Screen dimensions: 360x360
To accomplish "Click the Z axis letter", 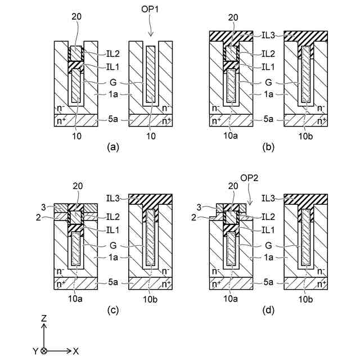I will tap(44, 318).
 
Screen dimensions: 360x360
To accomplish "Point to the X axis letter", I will tap(76, 350).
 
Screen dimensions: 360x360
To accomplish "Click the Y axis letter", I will tap(35, 350).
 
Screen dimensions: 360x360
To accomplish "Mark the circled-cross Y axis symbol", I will tap(44, 350).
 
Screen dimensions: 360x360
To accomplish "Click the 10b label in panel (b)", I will tap(305, 135).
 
